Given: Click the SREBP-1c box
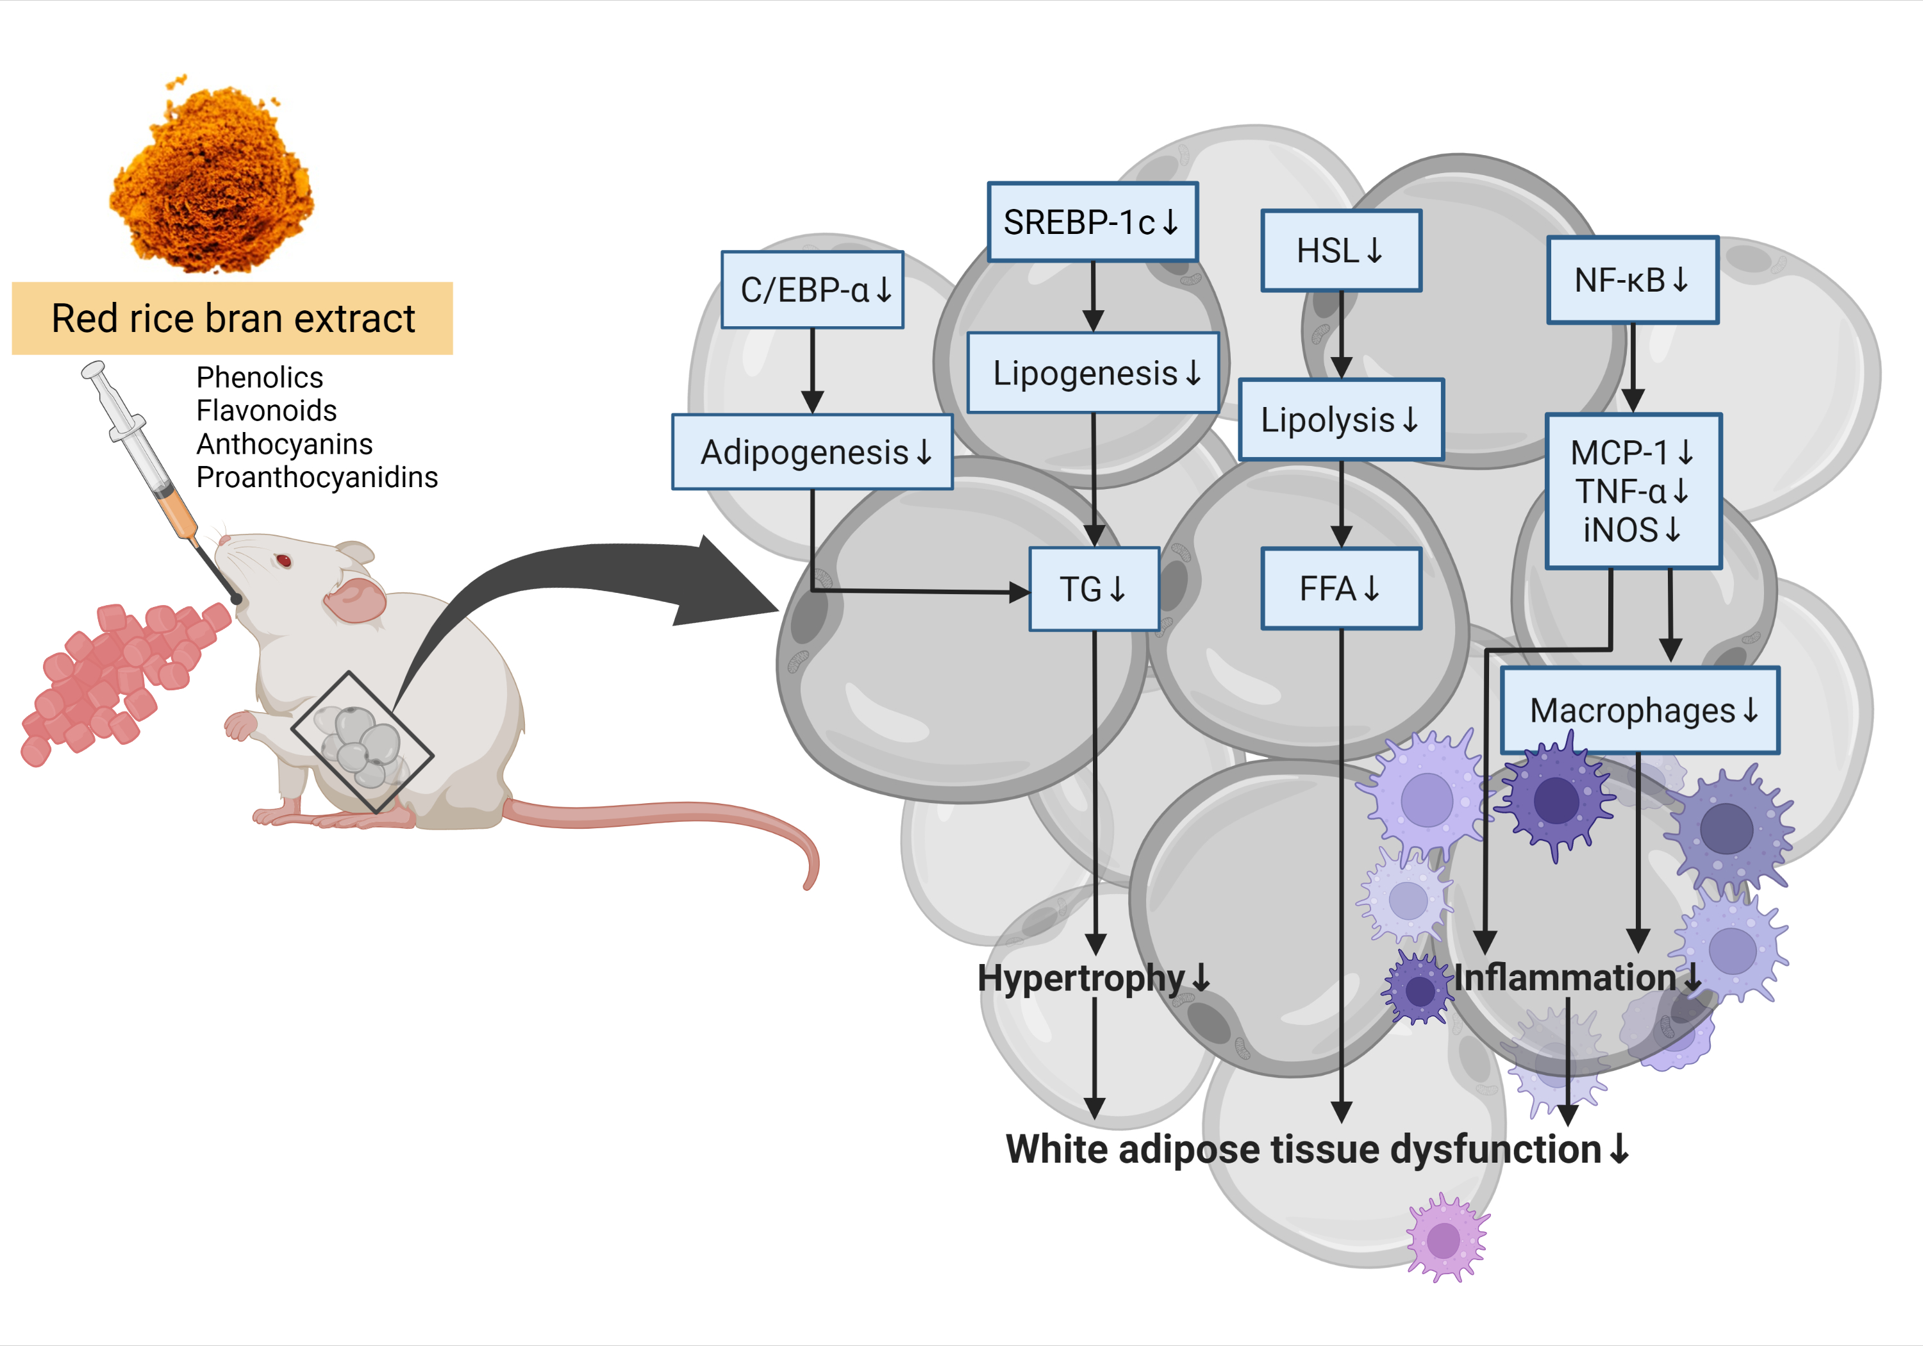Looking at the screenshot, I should (x=1092, y=222).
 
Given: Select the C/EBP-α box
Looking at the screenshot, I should (x=812, y=290).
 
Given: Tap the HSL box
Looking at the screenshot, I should (x=1340, y=251).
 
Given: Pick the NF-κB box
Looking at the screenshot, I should (x=1631, y=279).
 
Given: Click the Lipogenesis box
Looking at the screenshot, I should (x=1092, y=373).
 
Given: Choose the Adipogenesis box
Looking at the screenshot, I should (x=812, y=453).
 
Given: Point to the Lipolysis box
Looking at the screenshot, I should (x=1340, y=420).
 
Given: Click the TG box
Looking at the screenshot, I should (x=1093, y=589).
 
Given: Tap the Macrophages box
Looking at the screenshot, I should (x=1639, y=710).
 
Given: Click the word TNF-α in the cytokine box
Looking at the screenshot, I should (x=1620, y=492).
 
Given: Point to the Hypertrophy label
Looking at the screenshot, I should (x=1081, y=977).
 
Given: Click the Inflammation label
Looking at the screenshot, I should (x=1565, y=977).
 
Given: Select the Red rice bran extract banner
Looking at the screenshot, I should (x=232, y=319).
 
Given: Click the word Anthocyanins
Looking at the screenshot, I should (x=284, y=444).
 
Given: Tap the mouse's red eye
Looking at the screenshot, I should (x=284, y=560).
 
